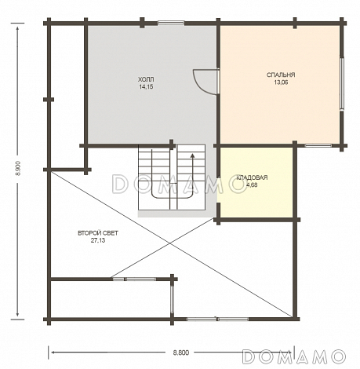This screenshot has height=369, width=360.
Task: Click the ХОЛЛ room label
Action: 146,79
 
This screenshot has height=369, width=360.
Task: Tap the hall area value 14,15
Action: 146,87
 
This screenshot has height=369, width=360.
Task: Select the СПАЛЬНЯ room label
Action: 281,75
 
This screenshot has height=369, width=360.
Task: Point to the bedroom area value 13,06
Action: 281,82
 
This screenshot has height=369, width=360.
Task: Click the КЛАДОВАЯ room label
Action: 252,177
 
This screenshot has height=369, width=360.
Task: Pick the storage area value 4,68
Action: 252,185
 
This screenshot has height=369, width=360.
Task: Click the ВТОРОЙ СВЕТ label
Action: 98,233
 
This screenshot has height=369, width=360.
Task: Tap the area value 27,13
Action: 98,240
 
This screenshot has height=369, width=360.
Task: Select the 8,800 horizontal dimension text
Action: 181,353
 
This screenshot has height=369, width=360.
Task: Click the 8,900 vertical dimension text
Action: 18,168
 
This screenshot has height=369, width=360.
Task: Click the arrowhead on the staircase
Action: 193,155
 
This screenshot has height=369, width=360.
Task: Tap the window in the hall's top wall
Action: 171,23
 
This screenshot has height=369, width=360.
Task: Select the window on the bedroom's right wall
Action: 342,83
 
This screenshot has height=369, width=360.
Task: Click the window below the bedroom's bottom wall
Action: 318,145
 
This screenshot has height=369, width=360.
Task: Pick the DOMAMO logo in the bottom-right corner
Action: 294,356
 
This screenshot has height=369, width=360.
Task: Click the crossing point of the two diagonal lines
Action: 170,243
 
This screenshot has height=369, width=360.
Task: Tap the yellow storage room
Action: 256,182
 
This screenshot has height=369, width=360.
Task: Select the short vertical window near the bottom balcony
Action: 172,299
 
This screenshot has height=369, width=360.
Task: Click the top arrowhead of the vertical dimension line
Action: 18,29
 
